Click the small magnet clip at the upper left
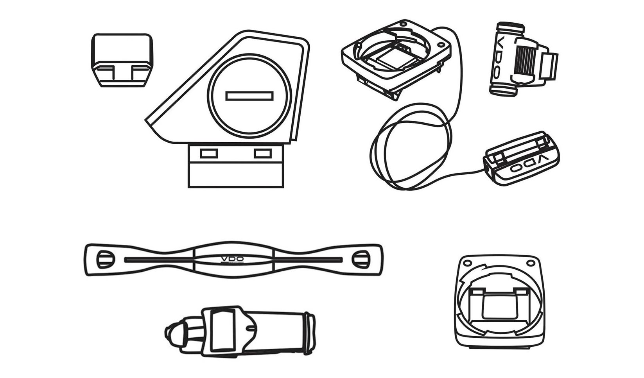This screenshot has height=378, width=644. [122, 60]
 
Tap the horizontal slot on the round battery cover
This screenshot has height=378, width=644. [249, 96]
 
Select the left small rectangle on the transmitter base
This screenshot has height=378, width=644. [208, 154]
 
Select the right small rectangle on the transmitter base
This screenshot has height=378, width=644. [263, 154]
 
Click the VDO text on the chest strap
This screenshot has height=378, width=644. [232, 259]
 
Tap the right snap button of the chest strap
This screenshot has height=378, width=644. [361, 259]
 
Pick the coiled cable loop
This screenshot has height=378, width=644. [411, 146]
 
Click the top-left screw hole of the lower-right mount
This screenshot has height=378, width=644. [467, 263]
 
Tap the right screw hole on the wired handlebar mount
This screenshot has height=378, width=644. [440, 45]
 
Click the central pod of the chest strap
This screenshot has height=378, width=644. [233, 260]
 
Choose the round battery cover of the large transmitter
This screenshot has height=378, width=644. [249, 95]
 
